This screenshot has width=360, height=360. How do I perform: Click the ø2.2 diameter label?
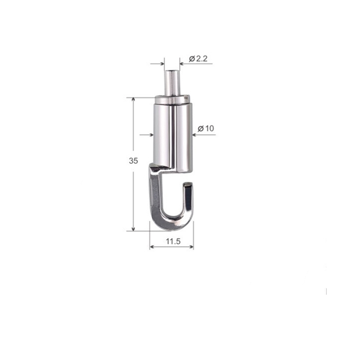(198, 59)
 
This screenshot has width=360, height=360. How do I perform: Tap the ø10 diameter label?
(206, 128)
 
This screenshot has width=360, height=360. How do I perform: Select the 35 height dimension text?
(133, 161)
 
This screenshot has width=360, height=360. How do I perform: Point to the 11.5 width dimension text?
(173, 241)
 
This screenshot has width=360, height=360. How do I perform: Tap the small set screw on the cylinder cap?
(186, 98)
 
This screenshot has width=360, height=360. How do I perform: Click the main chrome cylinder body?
(173, 135)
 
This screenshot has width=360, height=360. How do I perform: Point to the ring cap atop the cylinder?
(173, 99)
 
